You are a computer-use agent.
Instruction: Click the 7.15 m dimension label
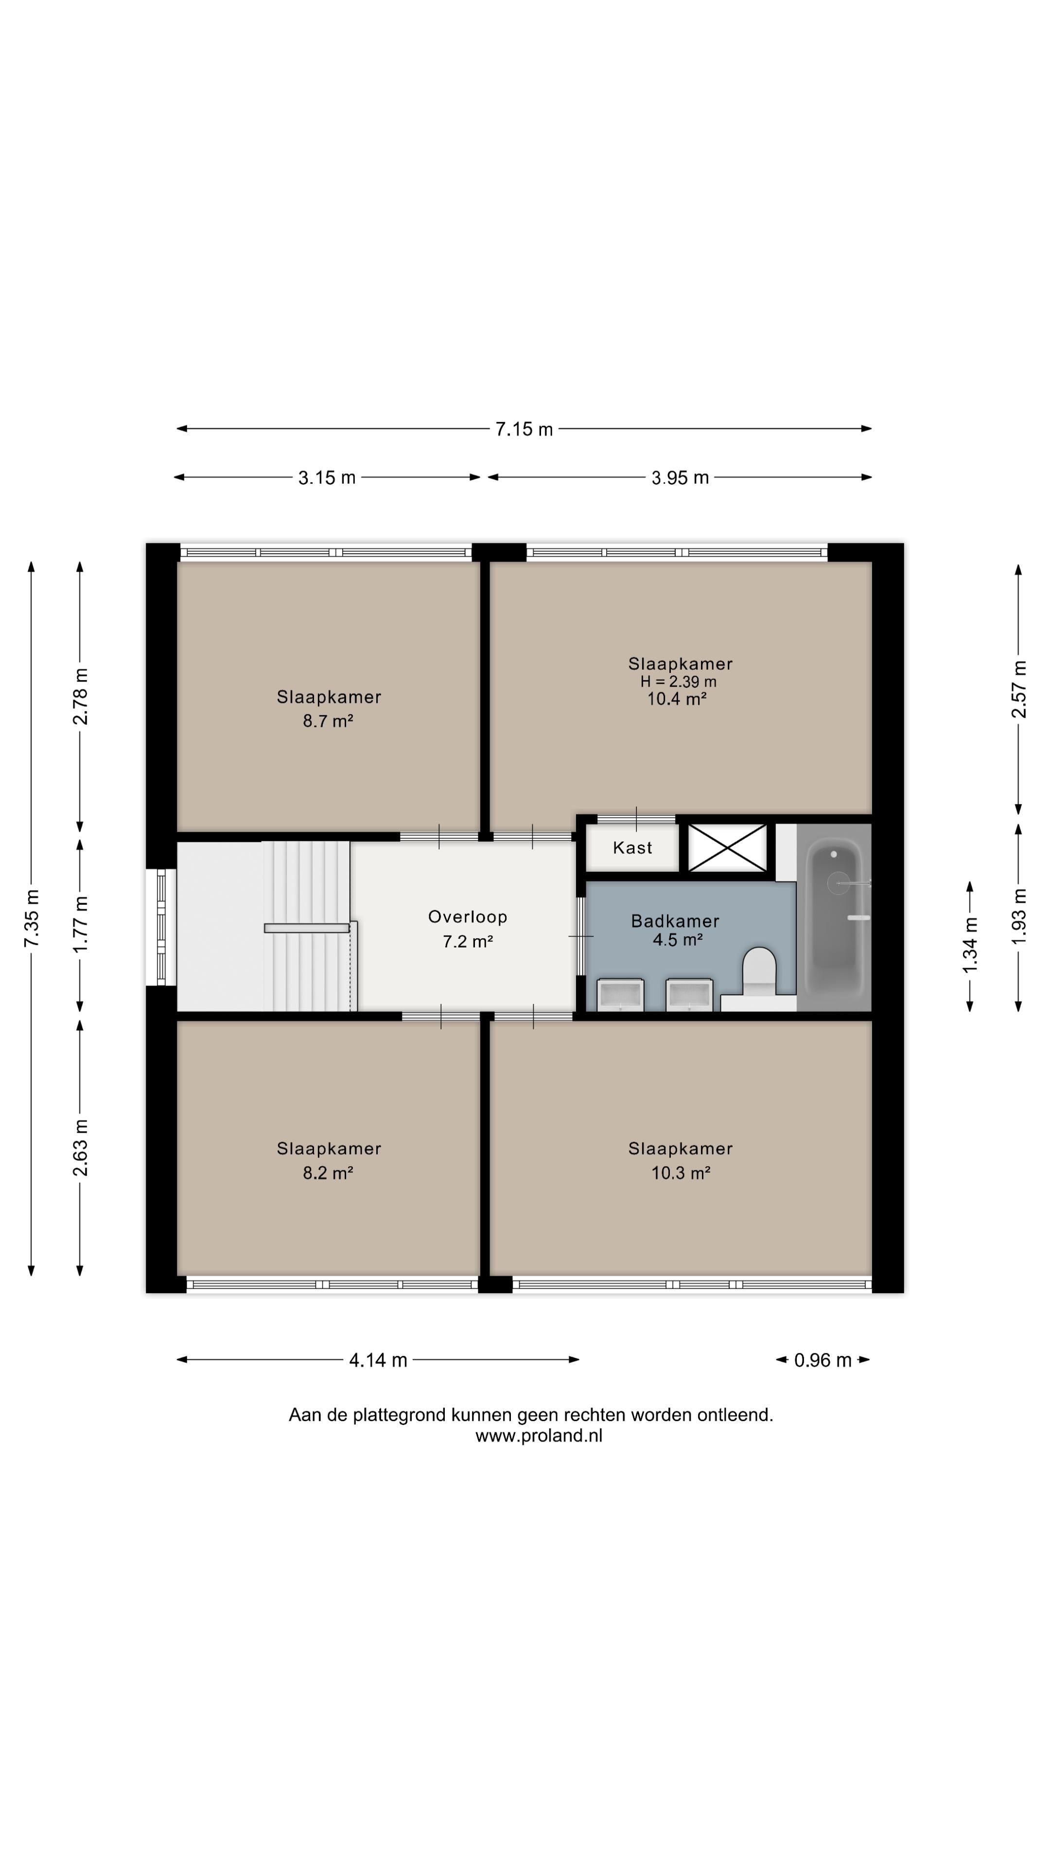coord(524,429)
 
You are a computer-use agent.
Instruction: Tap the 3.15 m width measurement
coord(327,477)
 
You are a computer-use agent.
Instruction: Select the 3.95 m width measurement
coord(680,477)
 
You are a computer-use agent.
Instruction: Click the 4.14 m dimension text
coord(378,1360)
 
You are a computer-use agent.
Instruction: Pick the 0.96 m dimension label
coord(822,1360)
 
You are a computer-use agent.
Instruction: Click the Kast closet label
coord(632,847)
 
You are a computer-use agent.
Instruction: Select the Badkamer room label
coord(675,921)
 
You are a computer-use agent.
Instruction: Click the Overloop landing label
coord(467,917)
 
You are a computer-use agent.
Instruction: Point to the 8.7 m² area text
coord(328,721)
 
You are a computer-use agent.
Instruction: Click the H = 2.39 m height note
coord(678,681)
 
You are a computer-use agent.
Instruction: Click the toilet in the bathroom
coord(759,971)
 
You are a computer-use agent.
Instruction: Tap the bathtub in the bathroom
coord(838,917)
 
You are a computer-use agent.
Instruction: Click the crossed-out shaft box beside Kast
coord(727,847)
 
